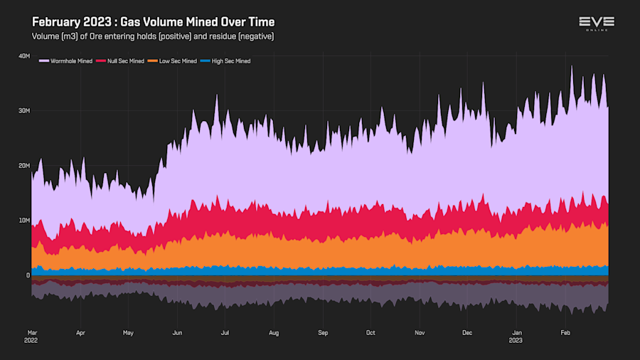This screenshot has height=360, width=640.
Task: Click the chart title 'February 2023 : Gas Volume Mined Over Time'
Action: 154,22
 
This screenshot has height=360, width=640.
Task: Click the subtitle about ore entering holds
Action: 153,36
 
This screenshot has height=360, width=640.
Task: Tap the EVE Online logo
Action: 596,23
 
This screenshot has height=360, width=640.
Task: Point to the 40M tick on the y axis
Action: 23,55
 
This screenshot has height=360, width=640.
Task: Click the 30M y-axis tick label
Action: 23,110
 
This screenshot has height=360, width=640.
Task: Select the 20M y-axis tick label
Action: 23,165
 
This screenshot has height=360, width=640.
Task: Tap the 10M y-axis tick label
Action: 23,220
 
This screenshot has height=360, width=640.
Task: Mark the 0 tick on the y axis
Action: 28,275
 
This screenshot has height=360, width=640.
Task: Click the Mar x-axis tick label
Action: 32,332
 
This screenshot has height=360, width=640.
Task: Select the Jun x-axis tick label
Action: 178,332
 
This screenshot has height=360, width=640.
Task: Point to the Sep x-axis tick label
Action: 323,332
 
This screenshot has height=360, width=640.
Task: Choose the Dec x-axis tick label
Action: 467,332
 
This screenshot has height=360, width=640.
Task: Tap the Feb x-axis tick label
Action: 566,332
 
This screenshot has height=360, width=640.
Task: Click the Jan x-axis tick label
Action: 518,332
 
